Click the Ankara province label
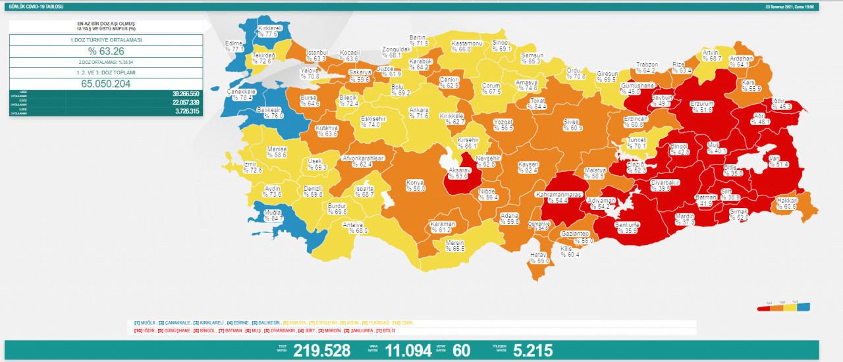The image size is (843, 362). pos(418,113)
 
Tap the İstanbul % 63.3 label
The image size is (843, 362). pos(317,55)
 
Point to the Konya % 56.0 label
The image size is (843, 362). pos(416,185)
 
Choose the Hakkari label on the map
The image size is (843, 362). pos(786,203)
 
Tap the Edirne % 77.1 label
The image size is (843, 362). pos(234,45)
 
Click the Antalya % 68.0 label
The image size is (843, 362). pos(356,227)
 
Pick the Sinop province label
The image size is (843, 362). pos(501,45)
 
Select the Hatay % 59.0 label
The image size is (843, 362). pos(539,258)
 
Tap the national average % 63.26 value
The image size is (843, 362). pos(105,52)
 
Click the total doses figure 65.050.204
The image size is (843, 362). pos(105,84)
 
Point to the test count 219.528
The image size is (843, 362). pos(321,351)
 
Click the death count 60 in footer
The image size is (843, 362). pos(462,351)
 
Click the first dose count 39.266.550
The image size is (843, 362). pos(176,94)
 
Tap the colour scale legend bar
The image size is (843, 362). pos(784,307)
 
